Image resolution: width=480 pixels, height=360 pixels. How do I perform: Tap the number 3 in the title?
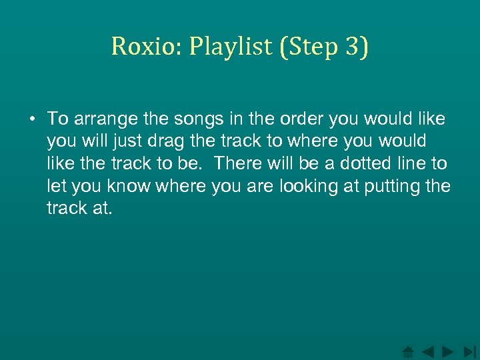[x=353, y=46]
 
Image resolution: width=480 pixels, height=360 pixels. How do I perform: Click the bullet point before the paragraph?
[x=32, y=119]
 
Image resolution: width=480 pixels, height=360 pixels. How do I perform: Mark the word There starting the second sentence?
[x=240, y=164]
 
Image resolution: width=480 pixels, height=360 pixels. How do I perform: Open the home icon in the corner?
[x=408, y=351]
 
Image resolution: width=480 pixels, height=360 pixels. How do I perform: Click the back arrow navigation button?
[x=429, y=351]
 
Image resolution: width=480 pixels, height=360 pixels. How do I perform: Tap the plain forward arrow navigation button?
[x=449, y=351]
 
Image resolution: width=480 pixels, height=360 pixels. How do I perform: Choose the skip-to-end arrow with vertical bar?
[x=469, y=351]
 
